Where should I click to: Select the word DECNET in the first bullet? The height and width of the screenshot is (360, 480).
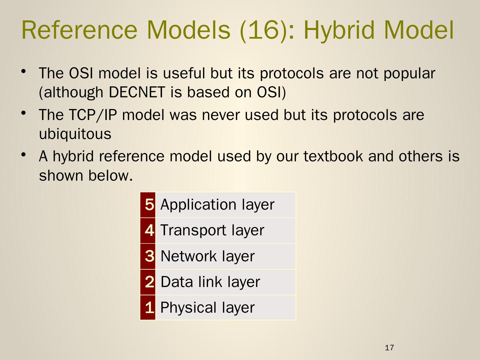(x=137, y=92)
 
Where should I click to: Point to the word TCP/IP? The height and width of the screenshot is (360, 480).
(x=93, y=115)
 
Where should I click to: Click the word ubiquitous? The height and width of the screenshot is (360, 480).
(x=75, y=134)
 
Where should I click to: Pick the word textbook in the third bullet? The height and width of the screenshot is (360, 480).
(x=333, y=156)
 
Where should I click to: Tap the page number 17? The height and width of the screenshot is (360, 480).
(x=389, y=348)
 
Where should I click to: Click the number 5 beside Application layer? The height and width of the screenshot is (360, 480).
(x=150, y=205)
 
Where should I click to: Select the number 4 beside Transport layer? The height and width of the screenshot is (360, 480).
(x=150, y=230)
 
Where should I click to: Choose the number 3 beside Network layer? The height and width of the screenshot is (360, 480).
(x=150, y=256)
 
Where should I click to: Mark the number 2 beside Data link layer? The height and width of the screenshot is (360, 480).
(x=150, y=282)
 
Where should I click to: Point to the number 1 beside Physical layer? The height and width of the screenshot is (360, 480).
(x=150, y=308)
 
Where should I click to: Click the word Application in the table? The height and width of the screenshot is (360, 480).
(x=198, y=205)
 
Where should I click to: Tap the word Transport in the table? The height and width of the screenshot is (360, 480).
(x=193, y=230)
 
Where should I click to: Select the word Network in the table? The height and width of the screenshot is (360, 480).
(x=189, y=256)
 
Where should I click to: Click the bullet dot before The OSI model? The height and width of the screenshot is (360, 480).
(x=24, y=71)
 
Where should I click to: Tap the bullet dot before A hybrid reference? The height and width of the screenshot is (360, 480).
(x=24, y=155)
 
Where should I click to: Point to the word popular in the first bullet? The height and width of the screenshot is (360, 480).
(x=409, y=73)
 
